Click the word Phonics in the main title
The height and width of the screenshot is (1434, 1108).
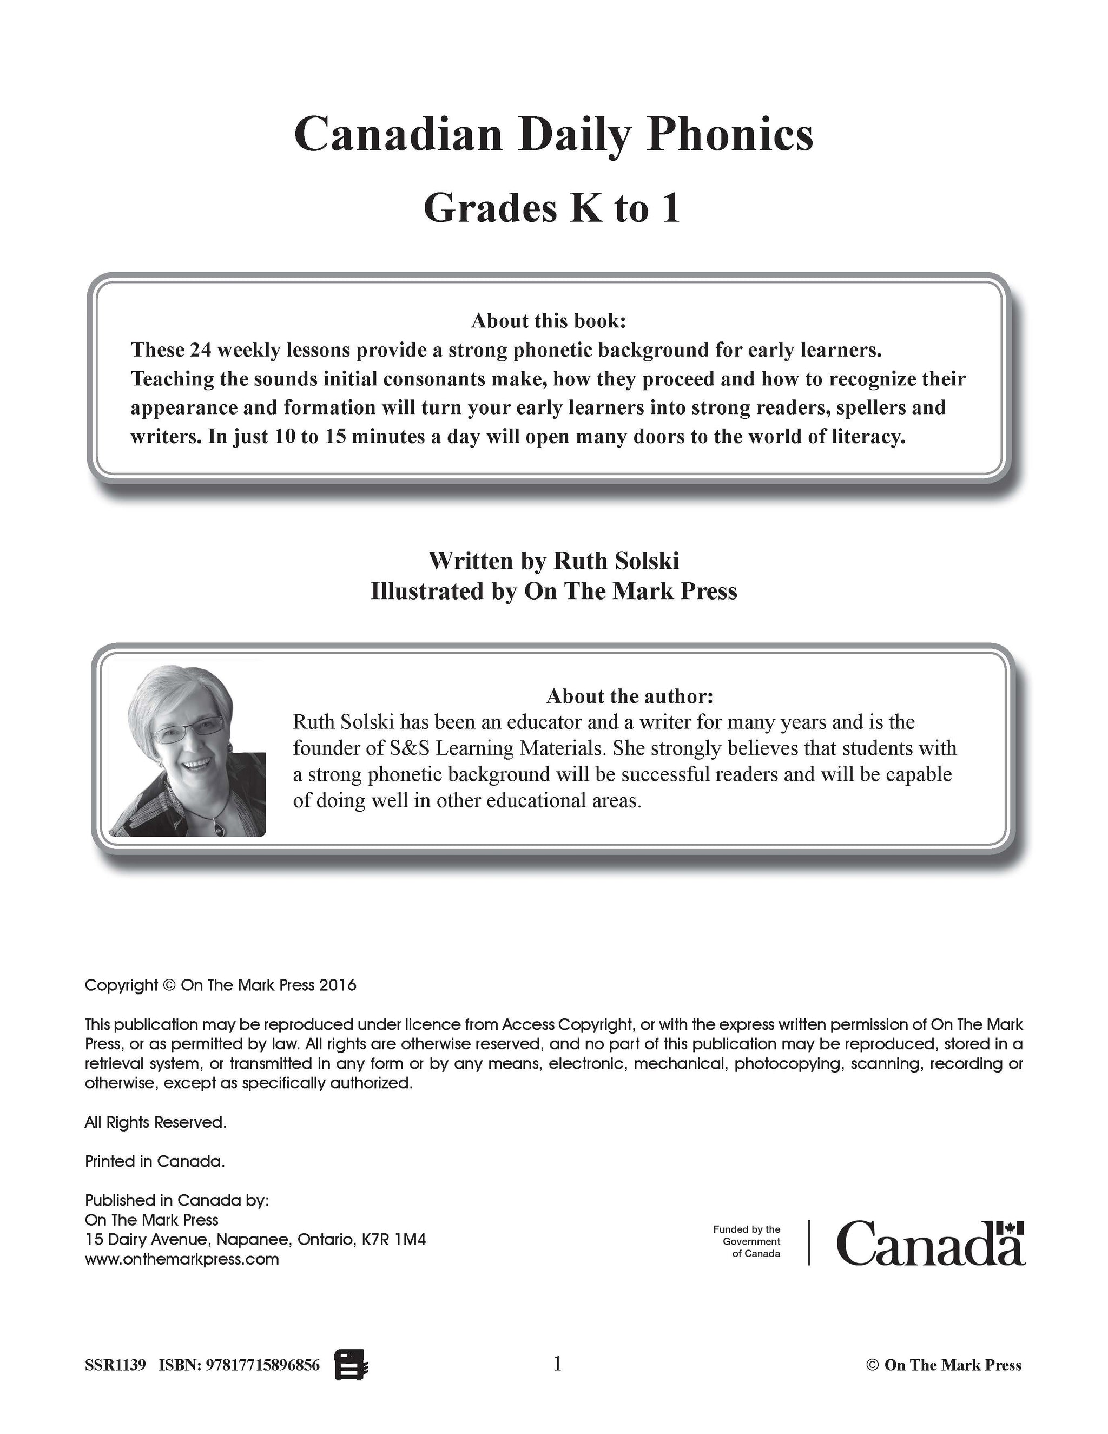[x=729, y=135]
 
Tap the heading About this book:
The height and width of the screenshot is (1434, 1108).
[x=549, y=320]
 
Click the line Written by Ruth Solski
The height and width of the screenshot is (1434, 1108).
[x=553, y=561]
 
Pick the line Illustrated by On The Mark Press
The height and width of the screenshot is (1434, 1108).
[x=553, y=591]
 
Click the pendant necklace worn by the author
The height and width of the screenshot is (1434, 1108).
[x=219, y=828]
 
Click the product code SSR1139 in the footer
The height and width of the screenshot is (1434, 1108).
[x=115, y=1366]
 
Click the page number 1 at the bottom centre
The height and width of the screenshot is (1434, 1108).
[x=557, y=1364]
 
